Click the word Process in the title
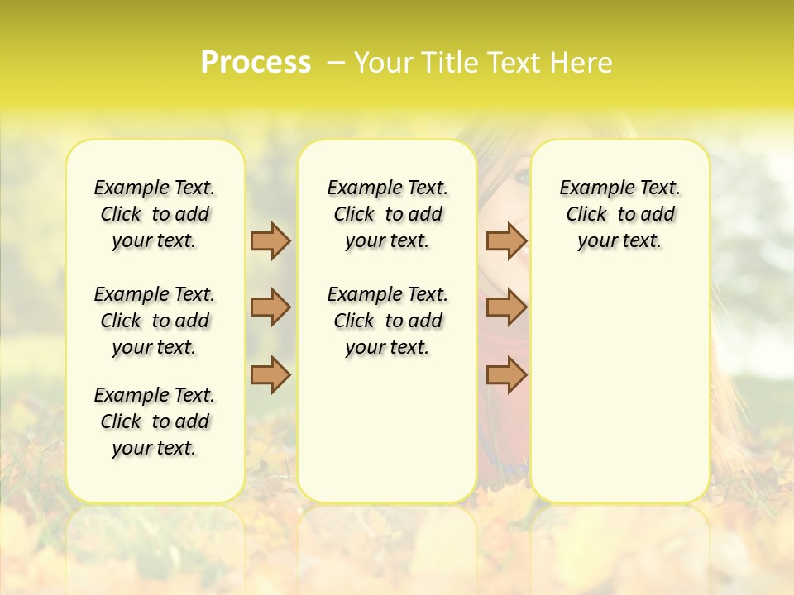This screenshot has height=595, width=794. pos(256,63)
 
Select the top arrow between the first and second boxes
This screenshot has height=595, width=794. pos(270,240)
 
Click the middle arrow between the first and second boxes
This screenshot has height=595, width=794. pos(270,307)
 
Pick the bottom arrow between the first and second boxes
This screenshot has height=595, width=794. pos(270,375)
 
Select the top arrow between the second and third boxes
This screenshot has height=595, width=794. pos(506,240)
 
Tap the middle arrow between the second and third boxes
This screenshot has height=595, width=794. pos(506,307)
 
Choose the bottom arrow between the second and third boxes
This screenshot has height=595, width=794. pos(506,375)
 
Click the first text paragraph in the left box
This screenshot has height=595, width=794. pos(155,214)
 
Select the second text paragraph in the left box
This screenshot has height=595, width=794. pos(155,321)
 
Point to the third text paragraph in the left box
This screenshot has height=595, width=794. pos(155,421)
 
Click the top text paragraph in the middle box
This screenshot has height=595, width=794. pos(388,214)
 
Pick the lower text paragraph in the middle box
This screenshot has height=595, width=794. pos(388,321)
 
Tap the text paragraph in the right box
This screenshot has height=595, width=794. pos(620,214)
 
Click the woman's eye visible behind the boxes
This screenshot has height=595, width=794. pos(522,176)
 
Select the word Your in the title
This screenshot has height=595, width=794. pos(385,63)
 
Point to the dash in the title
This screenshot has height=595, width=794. pos(336,63)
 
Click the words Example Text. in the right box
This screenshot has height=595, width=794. pos(620,188)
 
